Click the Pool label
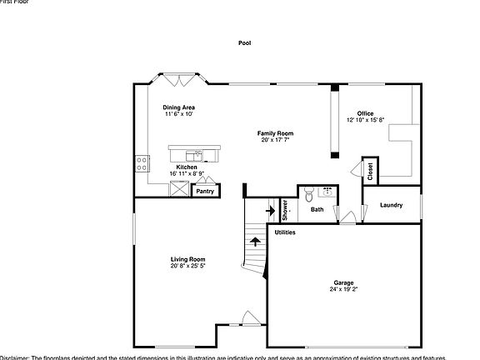[x=244, y=42]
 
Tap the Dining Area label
[x=177, y=107]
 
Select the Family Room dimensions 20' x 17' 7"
[x=275, y=140]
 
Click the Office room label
[x=366, y=113]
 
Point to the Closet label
[x=369, y=171]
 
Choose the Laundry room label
[x=391, y=205]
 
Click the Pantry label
[x=204, y=192]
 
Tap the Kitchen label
[x=187, y=167]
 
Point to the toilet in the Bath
[x=309, y=194]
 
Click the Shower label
[x=284, y=209]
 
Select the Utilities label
[x=285, y=232]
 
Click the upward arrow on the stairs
[x=254, y=242]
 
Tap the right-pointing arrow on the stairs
[x=270, y=211]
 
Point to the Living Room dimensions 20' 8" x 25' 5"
[x=188, y=266]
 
